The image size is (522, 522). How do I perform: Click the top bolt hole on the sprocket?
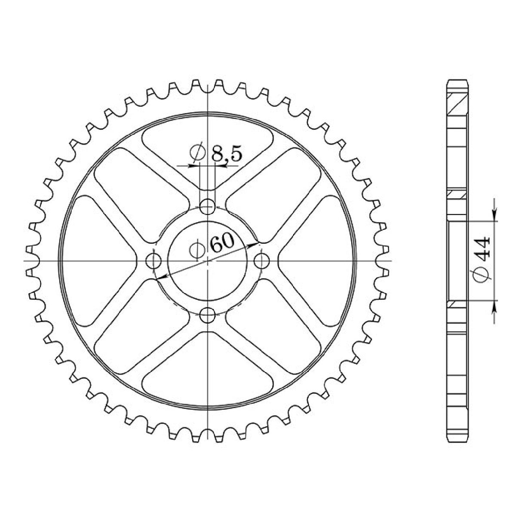coord(208,207)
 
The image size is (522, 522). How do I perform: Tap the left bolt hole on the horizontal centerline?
coord(154,261)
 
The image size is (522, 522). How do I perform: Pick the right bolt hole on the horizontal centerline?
coord(262,261)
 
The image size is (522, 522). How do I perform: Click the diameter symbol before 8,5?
coord(197,154)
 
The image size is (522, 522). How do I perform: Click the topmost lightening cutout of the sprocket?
coord(208,144)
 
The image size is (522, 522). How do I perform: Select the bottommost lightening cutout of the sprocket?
coord(208,378)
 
